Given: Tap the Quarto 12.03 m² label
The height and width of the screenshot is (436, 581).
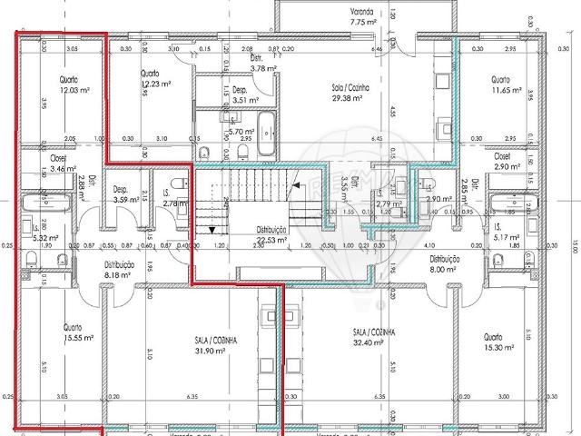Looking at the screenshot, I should tap(69, 84).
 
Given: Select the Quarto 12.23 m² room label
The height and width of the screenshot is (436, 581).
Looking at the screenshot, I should tap(151, 78).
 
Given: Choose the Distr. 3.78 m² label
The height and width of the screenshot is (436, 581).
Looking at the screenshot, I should tap(262, 63).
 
